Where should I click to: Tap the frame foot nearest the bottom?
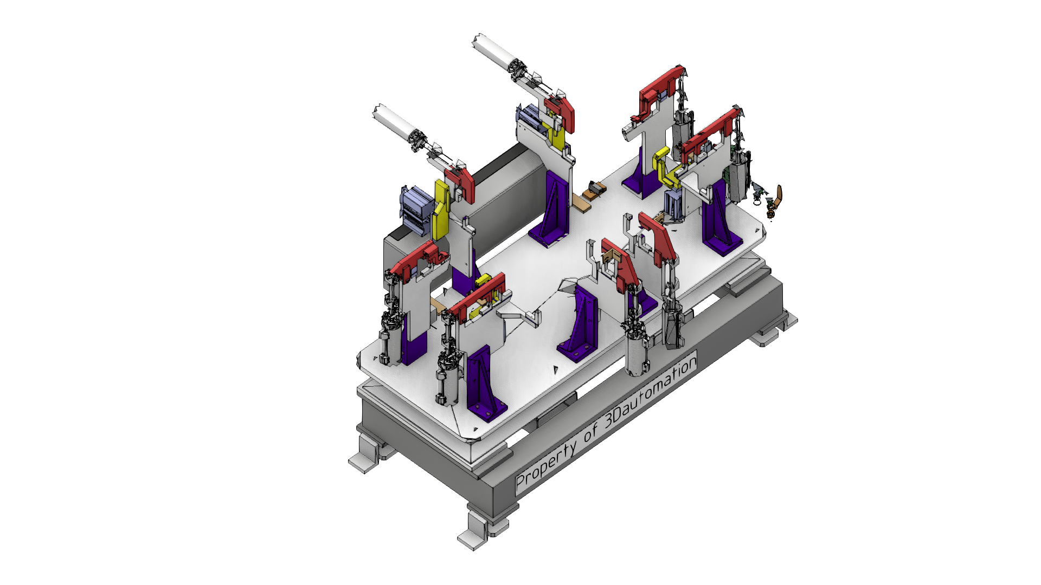point(483,528)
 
